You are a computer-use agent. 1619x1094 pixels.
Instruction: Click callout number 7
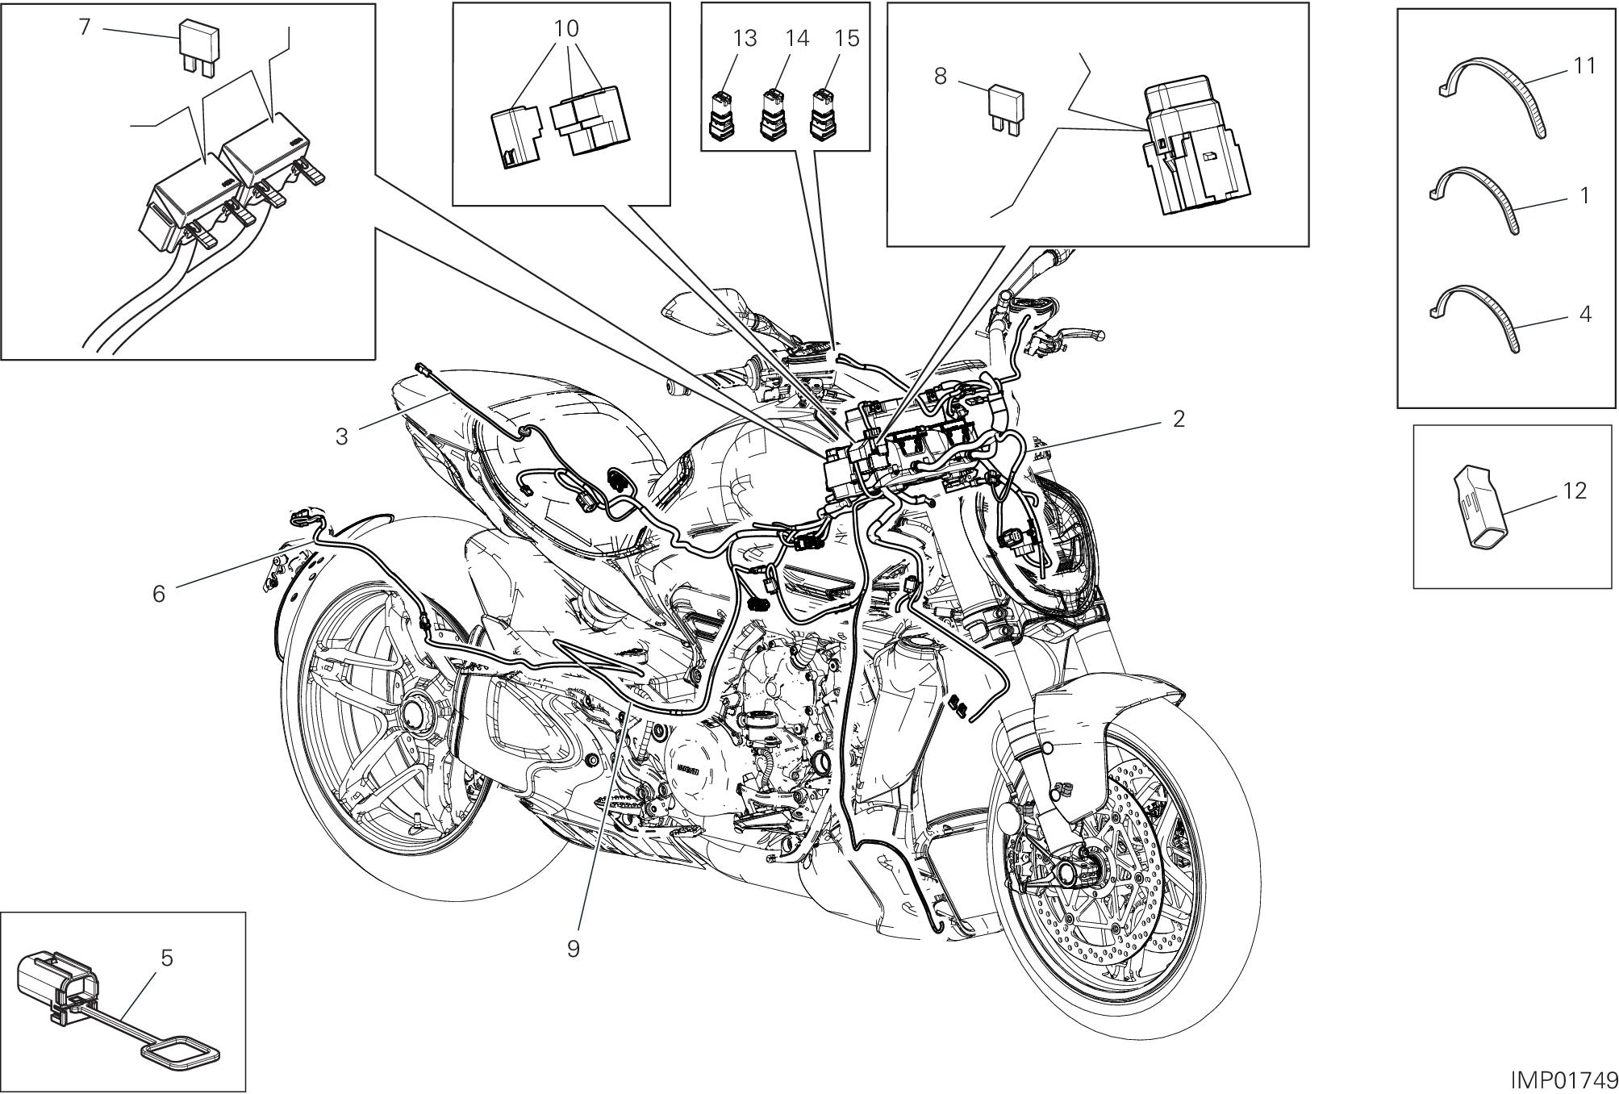(84, 27)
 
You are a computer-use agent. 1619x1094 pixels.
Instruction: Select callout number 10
(566, 29)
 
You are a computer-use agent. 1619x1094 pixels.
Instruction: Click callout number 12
(1574, 491)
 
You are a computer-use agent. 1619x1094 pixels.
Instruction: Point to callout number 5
(166, 958)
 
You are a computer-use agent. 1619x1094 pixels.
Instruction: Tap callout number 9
(573, 948)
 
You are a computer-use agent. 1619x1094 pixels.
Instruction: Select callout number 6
(159, 594)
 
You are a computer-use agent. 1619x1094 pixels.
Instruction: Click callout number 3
(342, 436)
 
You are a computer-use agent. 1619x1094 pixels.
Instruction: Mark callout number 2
(1179, 419)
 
